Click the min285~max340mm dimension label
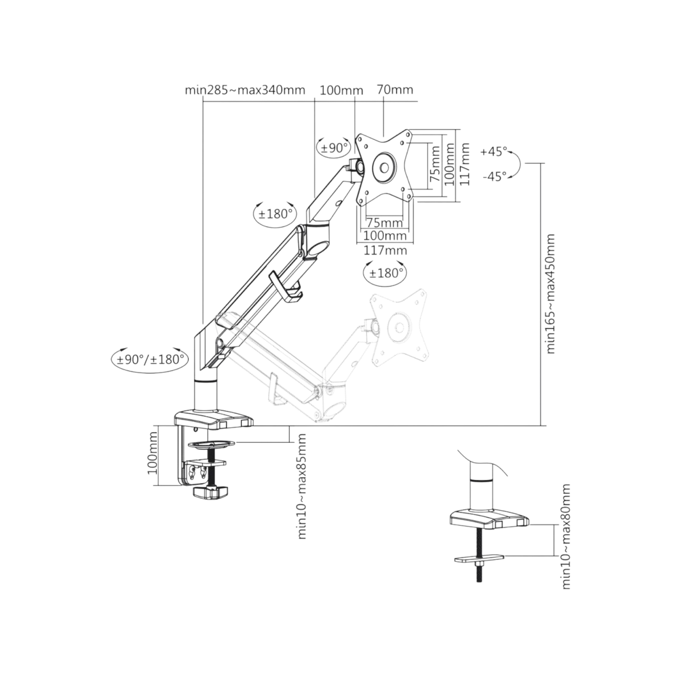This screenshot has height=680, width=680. pyautogui.click(x=245, y=90)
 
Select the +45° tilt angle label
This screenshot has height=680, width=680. pyautogui.click(x=494, y=152)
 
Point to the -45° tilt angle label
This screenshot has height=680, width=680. pyautogui.click(x=494, y=176)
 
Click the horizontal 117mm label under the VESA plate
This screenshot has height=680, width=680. pyautogui.click(x=385, y=250)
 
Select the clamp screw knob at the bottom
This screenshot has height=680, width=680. pyautogui.click(x=210, y=493)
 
